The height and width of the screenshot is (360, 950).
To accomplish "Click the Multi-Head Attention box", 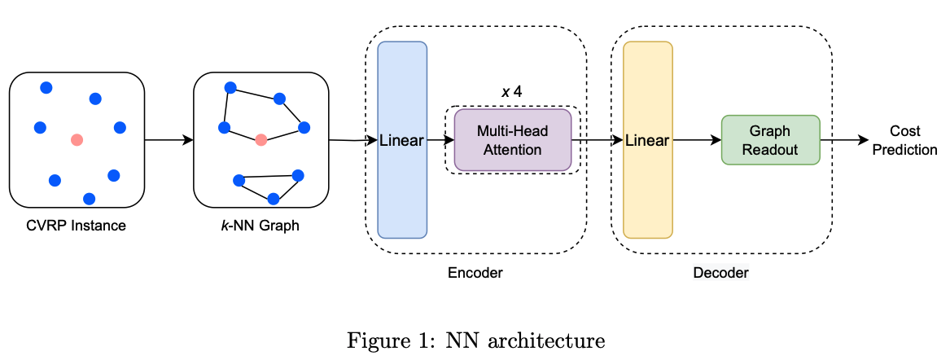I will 512,140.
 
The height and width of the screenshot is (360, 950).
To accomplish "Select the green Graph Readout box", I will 770,140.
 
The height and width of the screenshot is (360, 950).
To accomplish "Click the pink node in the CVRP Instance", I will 77,140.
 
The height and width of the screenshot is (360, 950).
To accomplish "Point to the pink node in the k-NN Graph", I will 260,140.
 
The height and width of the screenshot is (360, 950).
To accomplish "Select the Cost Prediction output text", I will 904,140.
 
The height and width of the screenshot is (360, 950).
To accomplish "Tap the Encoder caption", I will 475,273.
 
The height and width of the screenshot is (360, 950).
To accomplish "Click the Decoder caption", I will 720,273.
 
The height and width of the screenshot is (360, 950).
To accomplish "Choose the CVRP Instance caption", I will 76,226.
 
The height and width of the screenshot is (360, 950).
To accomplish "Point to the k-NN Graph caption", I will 260,226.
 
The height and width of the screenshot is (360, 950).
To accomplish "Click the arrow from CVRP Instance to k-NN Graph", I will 169,140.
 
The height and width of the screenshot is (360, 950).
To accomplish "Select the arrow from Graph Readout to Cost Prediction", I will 844,140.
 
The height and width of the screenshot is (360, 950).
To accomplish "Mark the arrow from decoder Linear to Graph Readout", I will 697,140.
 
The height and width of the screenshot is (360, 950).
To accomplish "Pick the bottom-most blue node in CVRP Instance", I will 90,198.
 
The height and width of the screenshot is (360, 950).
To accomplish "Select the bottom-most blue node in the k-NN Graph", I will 274,198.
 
